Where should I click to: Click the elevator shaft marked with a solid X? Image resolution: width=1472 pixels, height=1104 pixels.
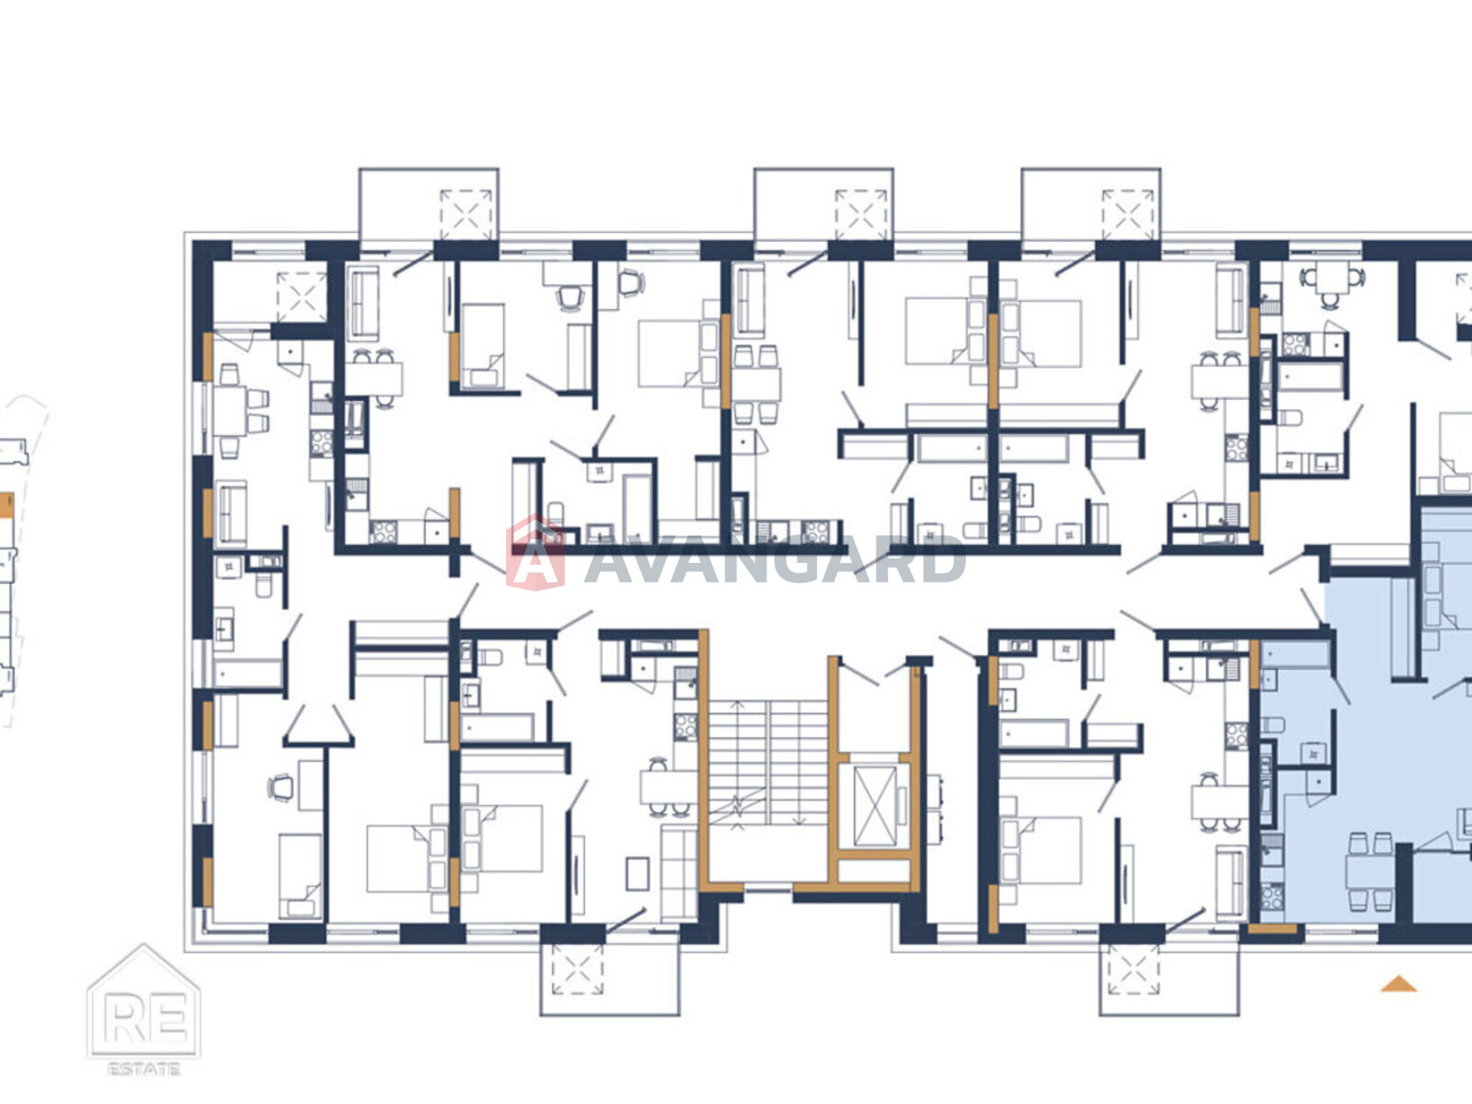[875, 806]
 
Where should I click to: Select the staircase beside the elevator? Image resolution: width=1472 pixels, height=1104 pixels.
[768, 762]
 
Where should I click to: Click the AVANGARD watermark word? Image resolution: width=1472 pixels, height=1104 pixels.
[775, 559]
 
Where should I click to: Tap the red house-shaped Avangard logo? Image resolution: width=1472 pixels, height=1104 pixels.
[535, 553]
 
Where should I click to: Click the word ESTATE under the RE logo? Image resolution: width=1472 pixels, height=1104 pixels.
[144, 1069]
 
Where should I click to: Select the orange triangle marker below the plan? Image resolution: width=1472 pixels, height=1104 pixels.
[1398, 984]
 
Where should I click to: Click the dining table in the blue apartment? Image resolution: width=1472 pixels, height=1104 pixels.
[1371, 873]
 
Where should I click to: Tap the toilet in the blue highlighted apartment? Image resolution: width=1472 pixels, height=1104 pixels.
[1272, 725]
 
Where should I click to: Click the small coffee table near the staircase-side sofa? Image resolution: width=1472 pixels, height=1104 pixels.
[638, 873]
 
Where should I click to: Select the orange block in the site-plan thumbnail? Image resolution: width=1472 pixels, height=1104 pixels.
[6, 505]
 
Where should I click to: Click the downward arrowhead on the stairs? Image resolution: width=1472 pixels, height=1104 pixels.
[799, 821]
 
